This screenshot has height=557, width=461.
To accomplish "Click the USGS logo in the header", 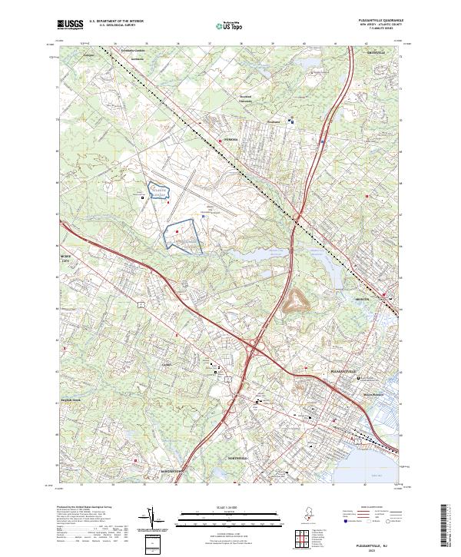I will (71, 25).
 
